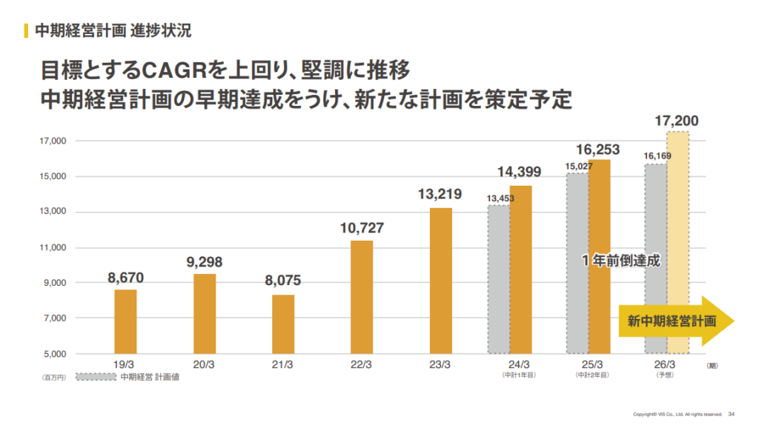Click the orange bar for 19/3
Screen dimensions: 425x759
125,321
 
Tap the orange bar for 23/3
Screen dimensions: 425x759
441,281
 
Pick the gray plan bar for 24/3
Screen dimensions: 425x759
498,279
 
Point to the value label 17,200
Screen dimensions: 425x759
677,120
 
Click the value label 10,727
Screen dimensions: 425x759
362,228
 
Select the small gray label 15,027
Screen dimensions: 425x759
579,167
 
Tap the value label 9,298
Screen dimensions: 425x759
204,262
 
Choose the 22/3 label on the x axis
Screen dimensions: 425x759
362,365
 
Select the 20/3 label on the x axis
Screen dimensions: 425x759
204,365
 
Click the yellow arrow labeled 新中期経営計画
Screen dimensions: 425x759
675,321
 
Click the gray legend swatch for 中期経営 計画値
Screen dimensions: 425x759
95,377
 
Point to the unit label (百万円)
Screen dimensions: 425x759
53,377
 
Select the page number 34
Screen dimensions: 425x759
731,413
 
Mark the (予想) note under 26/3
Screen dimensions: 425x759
664,375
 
